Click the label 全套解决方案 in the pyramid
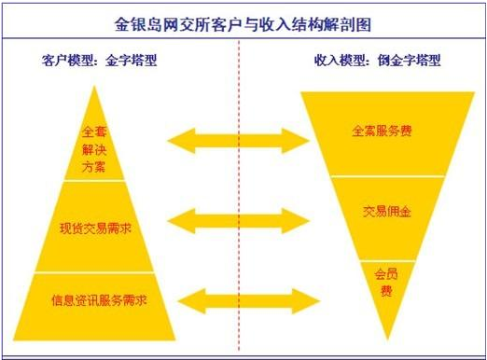point(94,149)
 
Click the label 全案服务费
point(383,132)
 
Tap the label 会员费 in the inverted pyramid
point(385,283)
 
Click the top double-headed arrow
point(238,140)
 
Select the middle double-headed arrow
point(238,221)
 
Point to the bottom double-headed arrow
point(238,300)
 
